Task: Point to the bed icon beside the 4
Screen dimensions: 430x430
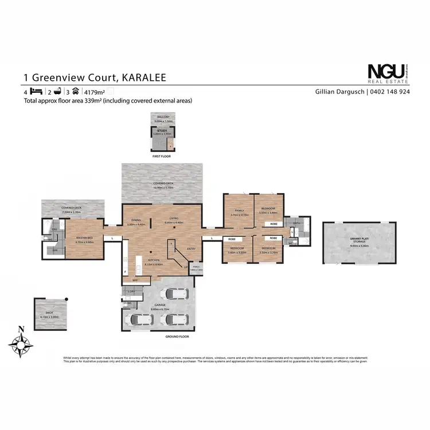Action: coord(36,92)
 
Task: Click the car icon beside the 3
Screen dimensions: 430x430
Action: coord(75,91)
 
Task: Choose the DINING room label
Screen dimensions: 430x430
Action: coord(136,220)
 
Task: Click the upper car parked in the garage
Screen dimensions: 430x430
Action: coord(179,295)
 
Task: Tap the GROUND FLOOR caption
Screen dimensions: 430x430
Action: coord(177,337)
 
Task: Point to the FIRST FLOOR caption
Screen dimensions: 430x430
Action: coord(161,156)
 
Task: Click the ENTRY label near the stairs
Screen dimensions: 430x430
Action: coord(190,249)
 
